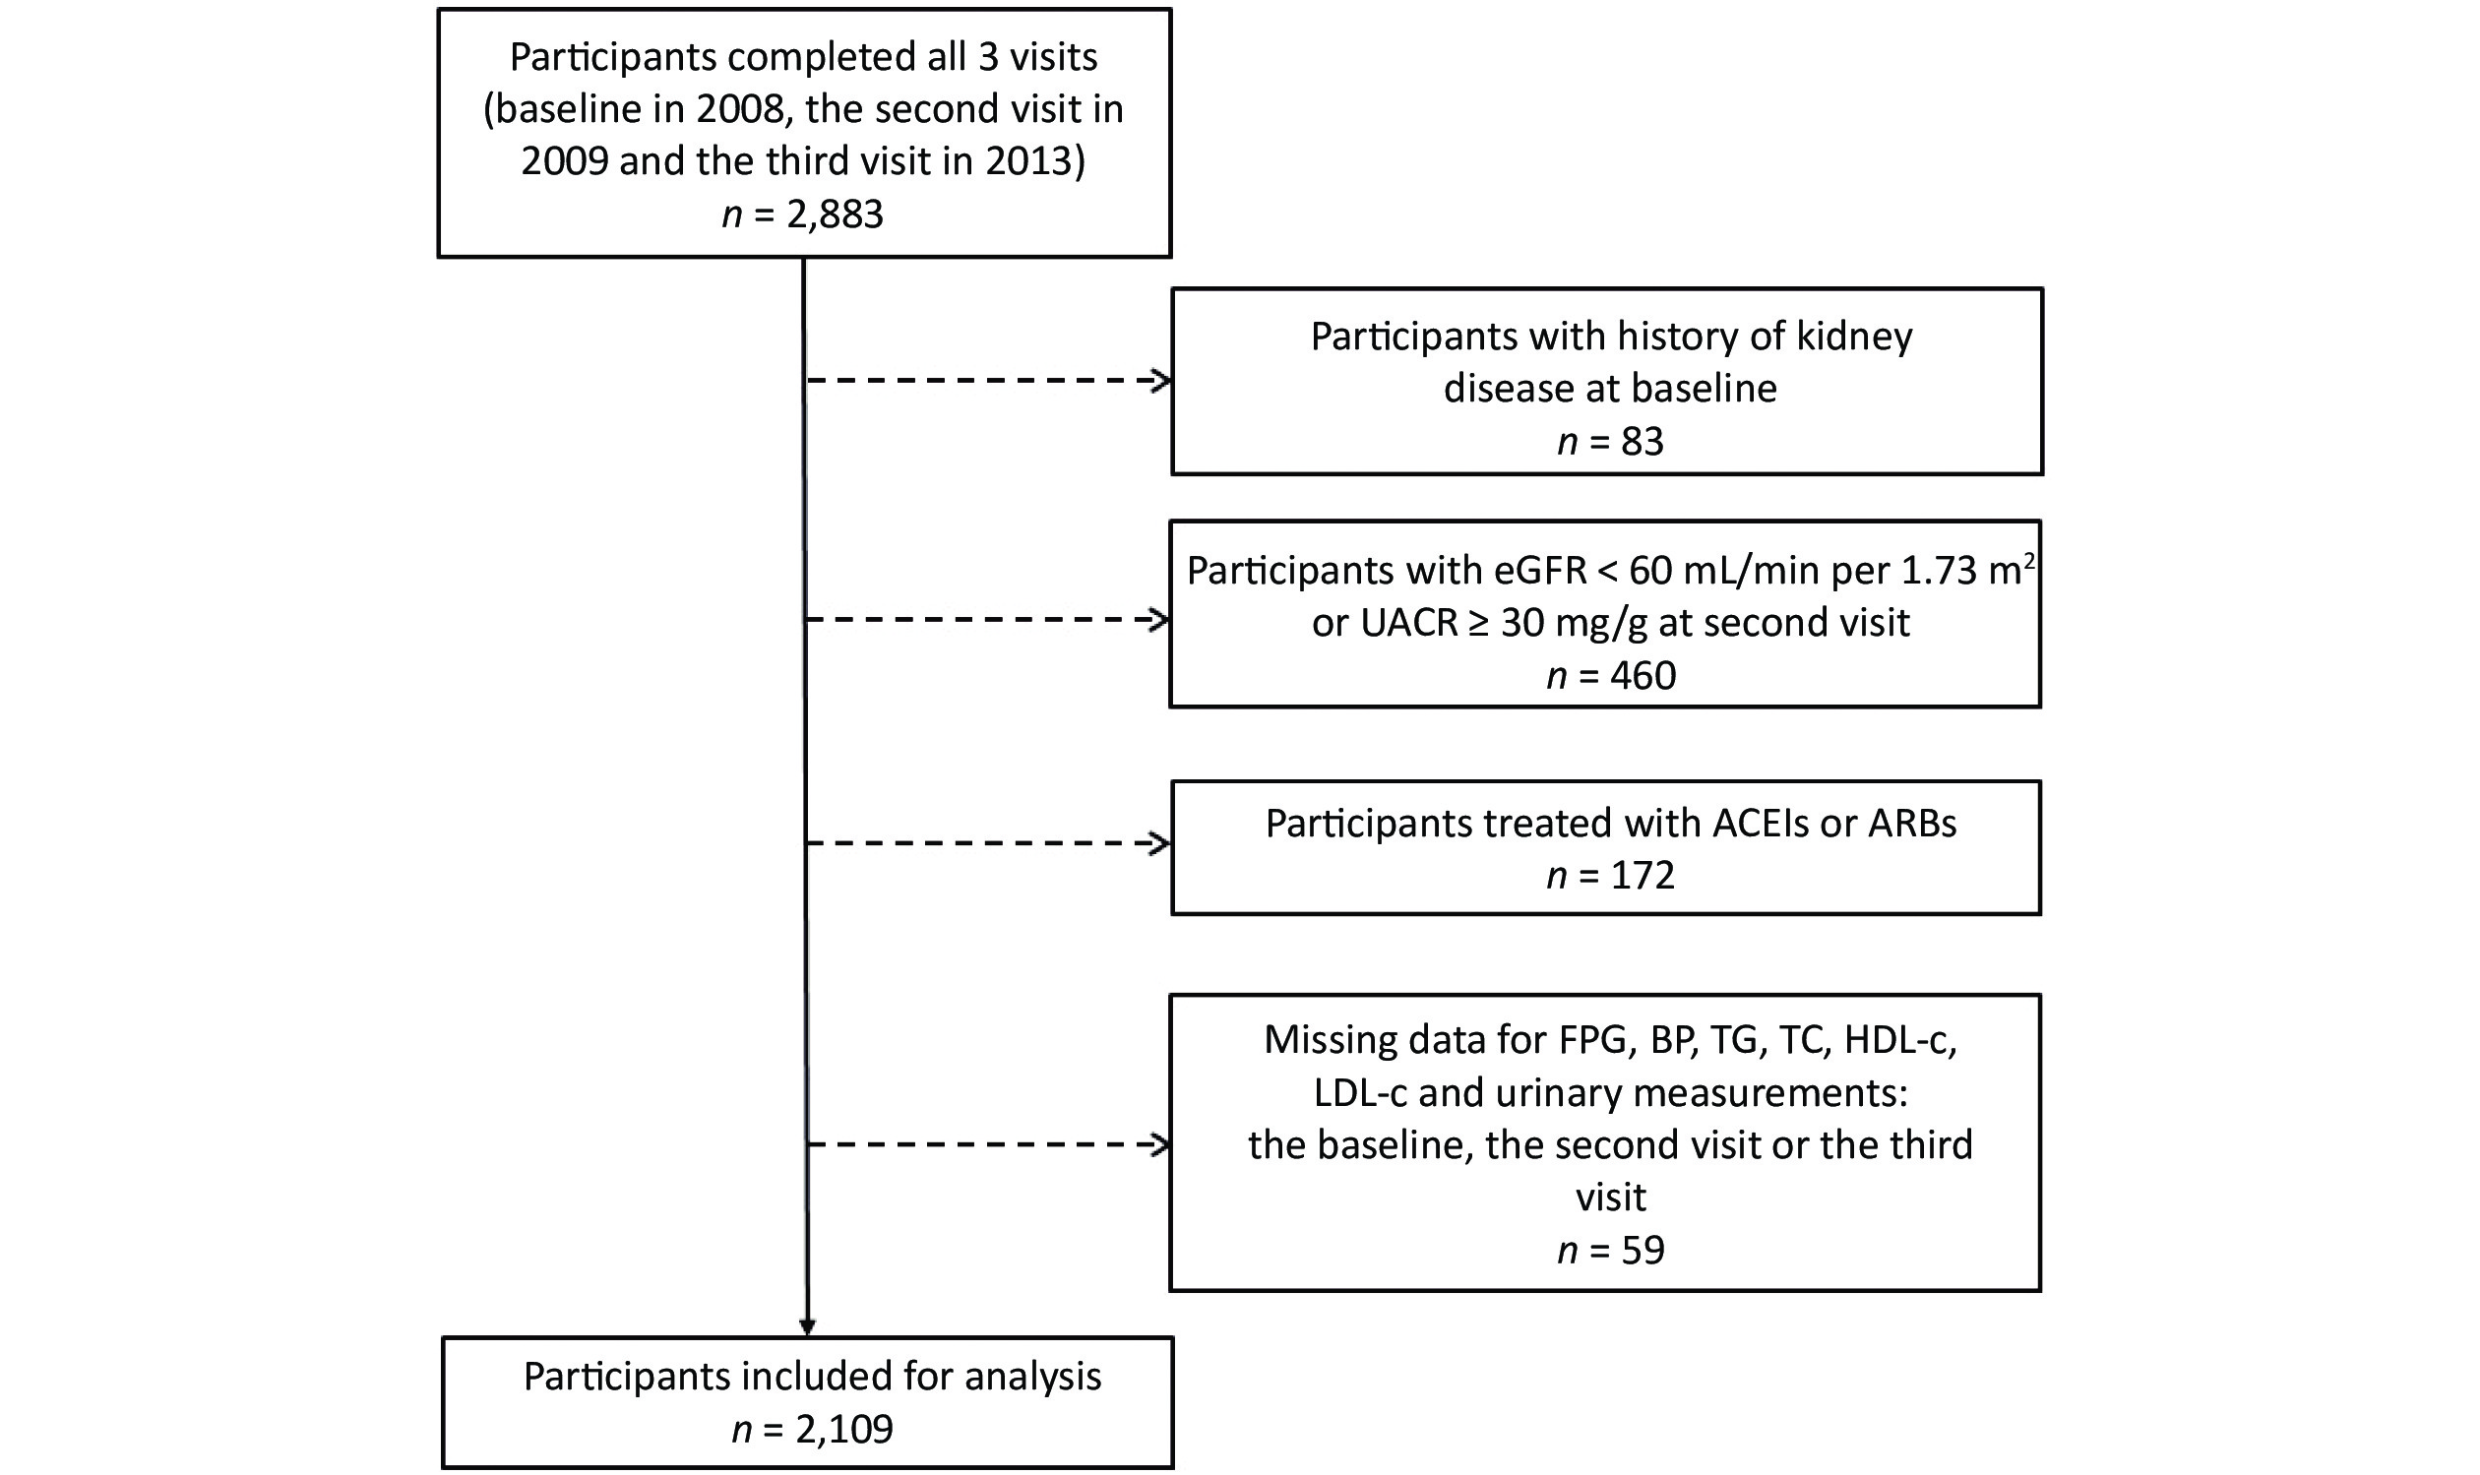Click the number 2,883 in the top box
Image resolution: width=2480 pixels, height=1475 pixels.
pyautogui.click(x=835, y=215)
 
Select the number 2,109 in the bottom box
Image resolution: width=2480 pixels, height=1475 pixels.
pyautogui.click(x=844, y=1430)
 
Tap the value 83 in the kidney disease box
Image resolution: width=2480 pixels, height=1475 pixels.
pyautogui.click(x=1643, y=441)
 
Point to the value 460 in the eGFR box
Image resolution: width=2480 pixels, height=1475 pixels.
pyautogui.click(x=1643, y=676)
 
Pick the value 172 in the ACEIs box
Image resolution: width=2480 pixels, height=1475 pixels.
pyautogui.click(x=1643, y=875)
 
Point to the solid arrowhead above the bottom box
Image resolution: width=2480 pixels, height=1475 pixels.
pyautogui.click(x=807, y=1326)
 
